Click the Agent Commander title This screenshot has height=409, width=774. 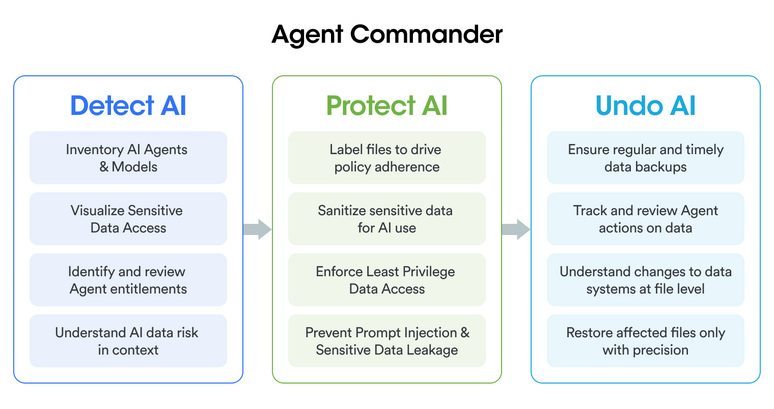387,35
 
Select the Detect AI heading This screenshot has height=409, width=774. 128,106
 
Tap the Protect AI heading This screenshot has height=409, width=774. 387,106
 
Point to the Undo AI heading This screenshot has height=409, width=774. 645,106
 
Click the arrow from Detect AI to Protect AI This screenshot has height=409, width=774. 257,229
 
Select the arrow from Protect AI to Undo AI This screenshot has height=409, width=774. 516,229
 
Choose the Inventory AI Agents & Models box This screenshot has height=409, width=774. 128,158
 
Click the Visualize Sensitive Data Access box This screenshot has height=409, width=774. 128,219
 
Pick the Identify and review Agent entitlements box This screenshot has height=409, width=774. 128,280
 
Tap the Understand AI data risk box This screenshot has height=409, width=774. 128,341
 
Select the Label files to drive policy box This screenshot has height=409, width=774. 387,158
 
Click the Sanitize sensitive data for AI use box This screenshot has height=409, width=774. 387,219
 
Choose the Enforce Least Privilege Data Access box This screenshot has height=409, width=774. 387,280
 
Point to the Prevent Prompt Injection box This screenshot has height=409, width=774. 387,341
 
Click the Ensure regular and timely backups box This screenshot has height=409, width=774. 645,158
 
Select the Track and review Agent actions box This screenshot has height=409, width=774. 645,219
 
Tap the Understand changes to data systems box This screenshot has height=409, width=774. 645,280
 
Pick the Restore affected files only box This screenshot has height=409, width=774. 645,341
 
